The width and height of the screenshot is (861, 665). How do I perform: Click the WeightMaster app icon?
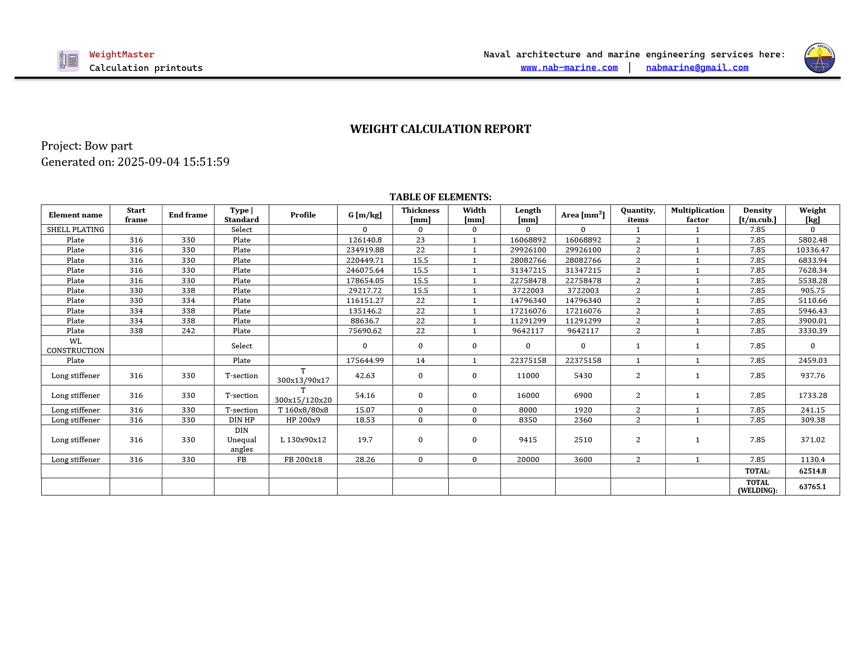click(68, 61)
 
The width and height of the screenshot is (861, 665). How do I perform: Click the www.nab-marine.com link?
click(569, 67)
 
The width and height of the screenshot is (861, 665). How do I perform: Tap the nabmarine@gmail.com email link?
click(697, 67)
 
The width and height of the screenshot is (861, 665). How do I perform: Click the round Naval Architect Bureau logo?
click(819, 58)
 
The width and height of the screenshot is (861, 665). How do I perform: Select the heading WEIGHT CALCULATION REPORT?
click(440, 129)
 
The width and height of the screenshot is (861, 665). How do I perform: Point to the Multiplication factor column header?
click(697, 215)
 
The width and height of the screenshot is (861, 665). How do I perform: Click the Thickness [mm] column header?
click(420, 215)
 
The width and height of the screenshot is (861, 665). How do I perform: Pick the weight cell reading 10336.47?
click(812, 250)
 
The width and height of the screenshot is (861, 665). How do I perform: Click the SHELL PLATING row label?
click(76, 229)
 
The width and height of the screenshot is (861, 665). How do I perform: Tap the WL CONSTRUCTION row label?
click(76, 346)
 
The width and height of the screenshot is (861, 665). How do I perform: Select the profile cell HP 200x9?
click(303, 420)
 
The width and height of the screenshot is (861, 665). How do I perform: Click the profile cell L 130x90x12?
click(303, 440)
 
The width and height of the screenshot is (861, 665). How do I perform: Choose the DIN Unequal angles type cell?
click(242, 440)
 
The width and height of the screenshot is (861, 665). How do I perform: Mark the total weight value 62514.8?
click(812, 471)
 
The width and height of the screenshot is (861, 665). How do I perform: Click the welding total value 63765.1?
click(812, 487)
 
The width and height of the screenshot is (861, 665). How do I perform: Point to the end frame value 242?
click(188, 331)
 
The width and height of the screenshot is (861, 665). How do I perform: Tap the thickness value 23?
click(420, 240)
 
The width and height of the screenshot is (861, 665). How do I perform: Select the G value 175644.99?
click(365, 360)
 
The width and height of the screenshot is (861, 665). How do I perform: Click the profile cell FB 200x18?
click(303, 460)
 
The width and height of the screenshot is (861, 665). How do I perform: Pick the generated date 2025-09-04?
click(148, 162)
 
